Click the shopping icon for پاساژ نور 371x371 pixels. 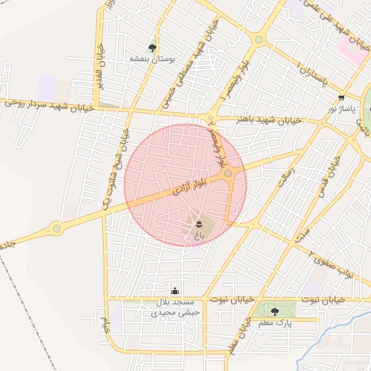pos(341,98)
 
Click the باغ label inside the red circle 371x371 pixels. pos(199,235)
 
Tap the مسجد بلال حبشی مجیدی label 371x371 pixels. pos(175,307)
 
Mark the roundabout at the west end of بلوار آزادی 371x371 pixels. pos(57,229)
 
